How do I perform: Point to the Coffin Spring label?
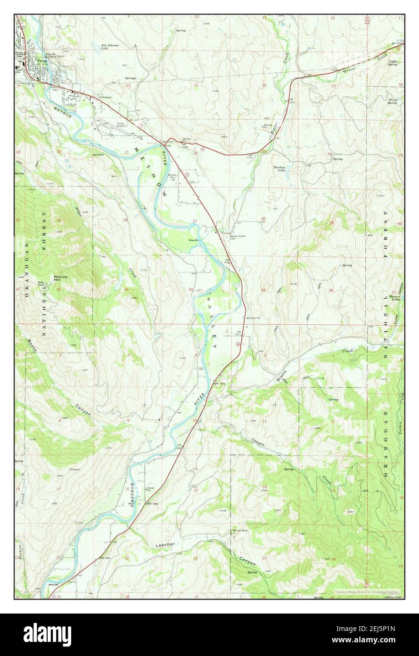pyautogui.click(x=393, y=62)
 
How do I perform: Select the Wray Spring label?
pyautogui.click(x=392, y=101)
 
